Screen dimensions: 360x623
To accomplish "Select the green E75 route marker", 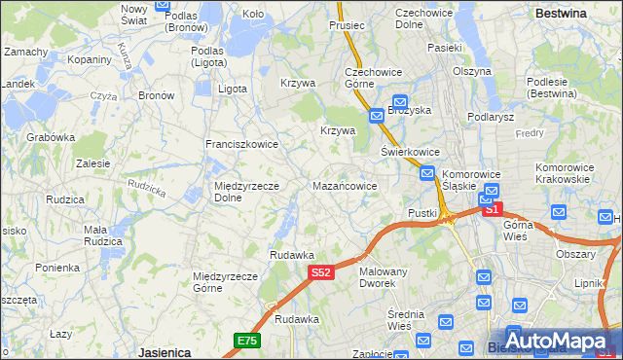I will coord(246,340).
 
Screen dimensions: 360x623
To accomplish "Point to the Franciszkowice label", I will coord(241,144).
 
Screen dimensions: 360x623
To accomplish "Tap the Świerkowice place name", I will coord(410,153).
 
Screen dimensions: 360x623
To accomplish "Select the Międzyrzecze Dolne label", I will coord(246,191).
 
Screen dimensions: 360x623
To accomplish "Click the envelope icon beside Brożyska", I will coord(400,101).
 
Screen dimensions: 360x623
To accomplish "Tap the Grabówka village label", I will coord(51,137).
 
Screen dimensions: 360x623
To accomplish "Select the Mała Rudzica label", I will coord(102,234).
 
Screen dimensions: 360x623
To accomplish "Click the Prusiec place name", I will coord(346,24).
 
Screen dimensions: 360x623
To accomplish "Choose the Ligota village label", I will coord(233,89).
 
